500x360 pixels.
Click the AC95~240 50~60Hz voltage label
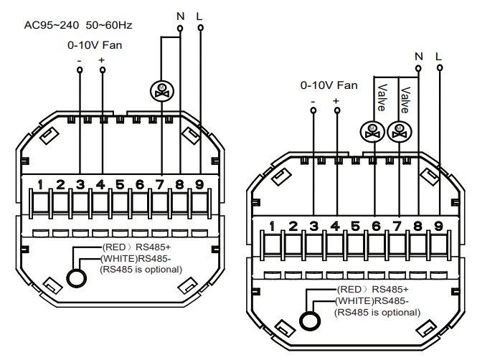[x=77, y=25]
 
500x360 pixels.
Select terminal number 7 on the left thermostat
[x=159, y=185]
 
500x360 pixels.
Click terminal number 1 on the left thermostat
[x=42, y=185]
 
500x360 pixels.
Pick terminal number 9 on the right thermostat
[x=438, y=227]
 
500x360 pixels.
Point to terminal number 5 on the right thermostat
[x=355, y=227]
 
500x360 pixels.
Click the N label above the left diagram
[x=179, y=14]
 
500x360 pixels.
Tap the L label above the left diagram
[x=200, y=14]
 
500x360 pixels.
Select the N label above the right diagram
[x=419, y=55]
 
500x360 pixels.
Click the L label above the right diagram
[x=439, y=55]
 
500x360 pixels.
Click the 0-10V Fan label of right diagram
[x=329, y=85]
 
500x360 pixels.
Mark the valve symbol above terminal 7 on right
[x=398, y=131]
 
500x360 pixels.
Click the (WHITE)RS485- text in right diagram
[x=370, y=301]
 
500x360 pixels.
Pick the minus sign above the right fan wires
[x=313, y=101]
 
